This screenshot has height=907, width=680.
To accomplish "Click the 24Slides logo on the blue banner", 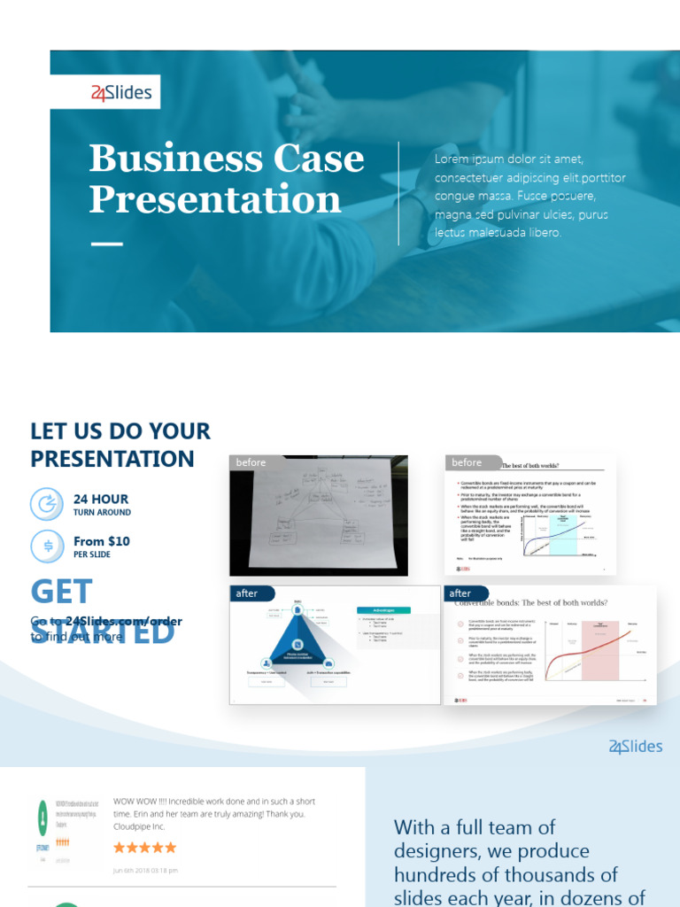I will click(x=121, y=92).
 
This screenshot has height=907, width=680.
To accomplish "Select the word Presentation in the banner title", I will click(x=215, y=199).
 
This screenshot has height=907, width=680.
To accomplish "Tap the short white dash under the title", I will click(x=107, y=243).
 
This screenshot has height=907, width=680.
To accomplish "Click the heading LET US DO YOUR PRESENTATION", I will click(x=120, y=445).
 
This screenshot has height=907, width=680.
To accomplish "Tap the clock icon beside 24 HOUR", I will click(x=47, y=505).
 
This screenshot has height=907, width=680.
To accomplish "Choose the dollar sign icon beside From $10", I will click(x=47, y=546).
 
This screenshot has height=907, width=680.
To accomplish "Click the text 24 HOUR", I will click(x=101, y=499).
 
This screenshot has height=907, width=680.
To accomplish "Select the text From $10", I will click(x=102, y=541).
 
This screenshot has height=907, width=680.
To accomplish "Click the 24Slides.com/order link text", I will click(x=124, y=621).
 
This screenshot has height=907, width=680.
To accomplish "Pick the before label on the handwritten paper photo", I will click(x=251, y=462).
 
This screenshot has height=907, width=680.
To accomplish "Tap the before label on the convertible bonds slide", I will click(x=467, y=462).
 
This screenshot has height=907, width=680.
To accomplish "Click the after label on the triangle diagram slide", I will click(x=247, y=593).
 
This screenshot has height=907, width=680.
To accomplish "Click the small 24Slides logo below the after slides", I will click(x=635, y=747).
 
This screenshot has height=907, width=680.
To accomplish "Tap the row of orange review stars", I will click(x=144, y=848).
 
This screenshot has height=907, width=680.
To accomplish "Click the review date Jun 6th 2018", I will click(x=145, y=870).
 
